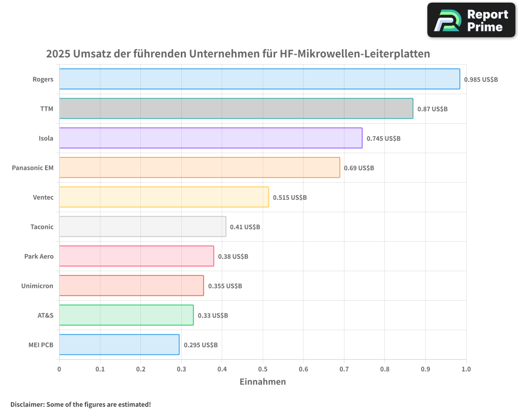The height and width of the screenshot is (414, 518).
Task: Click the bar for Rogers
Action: (x=259, y=79)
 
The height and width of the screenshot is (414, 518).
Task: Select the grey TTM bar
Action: (x=236, y=109)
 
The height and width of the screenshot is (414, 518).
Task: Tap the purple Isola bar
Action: (x=210, y=138)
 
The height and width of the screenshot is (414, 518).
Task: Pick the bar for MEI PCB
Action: (x=119, y=345)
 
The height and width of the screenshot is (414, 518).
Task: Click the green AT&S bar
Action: (x=126, y=315)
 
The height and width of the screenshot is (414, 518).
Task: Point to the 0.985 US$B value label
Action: (x=481, y=80)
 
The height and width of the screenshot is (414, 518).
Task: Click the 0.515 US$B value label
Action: (x=290, y=198)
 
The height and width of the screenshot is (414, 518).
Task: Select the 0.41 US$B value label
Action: (x=245, y=227)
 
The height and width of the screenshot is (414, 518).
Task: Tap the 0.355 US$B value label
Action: (x=225, y=286)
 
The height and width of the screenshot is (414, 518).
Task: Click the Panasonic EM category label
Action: (x=33, y=168)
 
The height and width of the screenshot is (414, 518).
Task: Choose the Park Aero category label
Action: (x=39, y=257)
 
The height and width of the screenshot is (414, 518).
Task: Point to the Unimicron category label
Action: (x=37, y=286)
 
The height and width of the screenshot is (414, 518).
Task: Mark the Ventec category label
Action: (x=43, y=198)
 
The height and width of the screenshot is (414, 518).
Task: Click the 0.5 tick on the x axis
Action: (x=263, y=369)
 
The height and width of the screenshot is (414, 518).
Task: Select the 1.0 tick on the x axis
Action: (x=466, y=369)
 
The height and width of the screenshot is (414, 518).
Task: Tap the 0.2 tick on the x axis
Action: (x=140, y=369)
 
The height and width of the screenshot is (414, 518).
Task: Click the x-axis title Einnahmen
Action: (x=263, y=382)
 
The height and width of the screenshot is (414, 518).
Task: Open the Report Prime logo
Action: (x=471, y=20)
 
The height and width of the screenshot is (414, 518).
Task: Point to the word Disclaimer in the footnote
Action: (x=27, y=404)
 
